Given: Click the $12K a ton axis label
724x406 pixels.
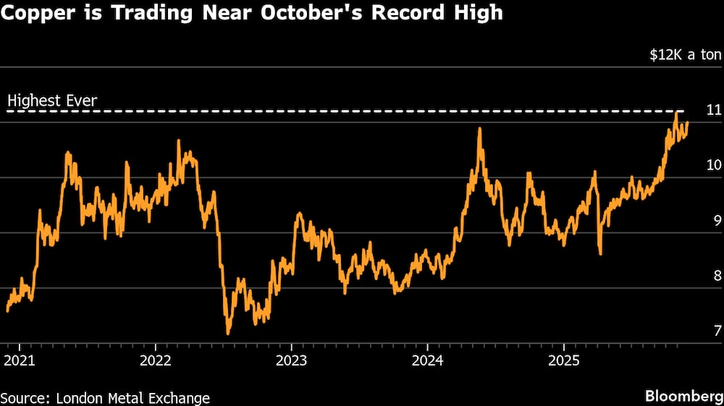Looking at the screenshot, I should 685,55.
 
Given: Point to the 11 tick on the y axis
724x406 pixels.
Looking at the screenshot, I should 714,111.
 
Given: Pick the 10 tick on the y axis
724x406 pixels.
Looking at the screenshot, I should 714,166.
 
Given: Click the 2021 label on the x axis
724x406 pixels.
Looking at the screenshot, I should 20,360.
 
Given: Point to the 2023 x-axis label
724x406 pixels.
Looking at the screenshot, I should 292,360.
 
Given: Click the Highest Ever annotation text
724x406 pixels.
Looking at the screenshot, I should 51,101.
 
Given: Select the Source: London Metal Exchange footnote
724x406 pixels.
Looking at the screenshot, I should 106,397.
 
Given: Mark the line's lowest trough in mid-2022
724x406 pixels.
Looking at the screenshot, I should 228,334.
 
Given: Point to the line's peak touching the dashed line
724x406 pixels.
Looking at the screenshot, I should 676,112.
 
